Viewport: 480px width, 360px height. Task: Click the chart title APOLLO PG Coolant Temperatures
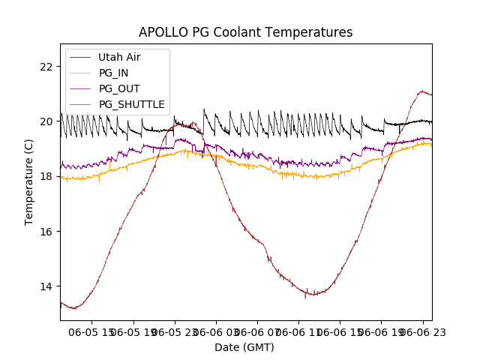tap(245, 32)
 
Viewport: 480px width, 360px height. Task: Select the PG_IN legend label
tap(113, 73)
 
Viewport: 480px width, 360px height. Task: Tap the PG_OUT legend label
tap(119, 88)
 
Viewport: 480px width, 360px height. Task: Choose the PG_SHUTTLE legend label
tap(132, 104)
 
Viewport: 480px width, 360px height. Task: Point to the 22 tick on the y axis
tap(46, 66)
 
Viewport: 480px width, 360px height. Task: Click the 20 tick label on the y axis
tap(46, 121)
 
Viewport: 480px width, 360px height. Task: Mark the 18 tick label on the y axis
tap(46, 176)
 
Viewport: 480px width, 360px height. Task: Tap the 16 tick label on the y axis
tap(46, 231)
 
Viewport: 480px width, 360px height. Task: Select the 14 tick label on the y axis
tap(46, 286)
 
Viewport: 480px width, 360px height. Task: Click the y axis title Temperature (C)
tap(29, 182)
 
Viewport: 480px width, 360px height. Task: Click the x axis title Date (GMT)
tap(244, 347)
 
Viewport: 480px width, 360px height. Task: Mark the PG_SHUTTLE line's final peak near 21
tap(422, 91)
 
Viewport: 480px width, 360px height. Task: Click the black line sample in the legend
tap(82, 57)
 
